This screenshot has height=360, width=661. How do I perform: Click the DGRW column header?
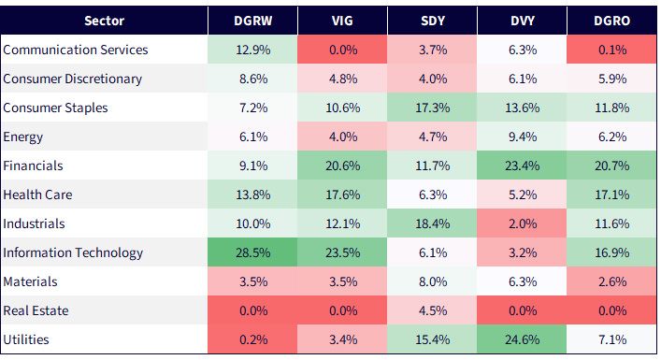tap(253, 21)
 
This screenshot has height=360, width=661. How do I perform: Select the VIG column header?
tap(342, 21)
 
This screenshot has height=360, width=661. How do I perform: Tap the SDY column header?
tap(433, 21)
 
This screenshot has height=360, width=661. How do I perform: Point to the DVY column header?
tap(523, 21)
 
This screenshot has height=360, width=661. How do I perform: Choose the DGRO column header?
tap(612, 21)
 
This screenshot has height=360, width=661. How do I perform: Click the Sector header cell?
tap(104, 21)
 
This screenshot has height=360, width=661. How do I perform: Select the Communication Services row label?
tap(76, 50)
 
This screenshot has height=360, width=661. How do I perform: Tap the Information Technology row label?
tap(73, 252)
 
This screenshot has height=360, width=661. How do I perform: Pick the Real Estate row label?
tap(36, 310)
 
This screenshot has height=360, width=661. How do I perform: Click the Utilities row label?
tap(26, 339)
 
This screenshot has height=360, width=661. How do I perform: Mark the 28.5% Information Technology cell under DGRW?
tap(253, 252)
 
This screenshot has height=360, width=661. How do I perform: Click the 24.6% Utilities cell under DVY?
tap(523, 339)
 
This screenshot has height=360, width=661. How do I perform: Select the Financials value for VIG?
tap(343, 166)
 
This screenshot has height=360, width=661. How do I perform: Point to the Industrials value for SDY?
tap(433, 223)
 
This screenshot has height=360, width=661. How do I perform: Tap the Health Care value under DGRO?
tap(612, 194)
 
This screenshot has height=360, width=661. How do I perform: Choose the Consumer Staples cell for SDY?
tap(433, 108)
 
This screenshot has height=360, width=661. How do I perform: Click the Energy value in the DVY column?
tap(523, 137)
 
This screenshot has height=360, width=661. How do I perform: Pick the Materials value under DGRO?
tap(612, 281)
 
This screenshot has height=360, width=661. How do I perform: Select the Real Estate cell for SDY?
tap(433, 310)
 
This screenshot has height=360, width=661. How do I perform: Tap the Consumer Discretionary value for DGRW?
tap(253, 79)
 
